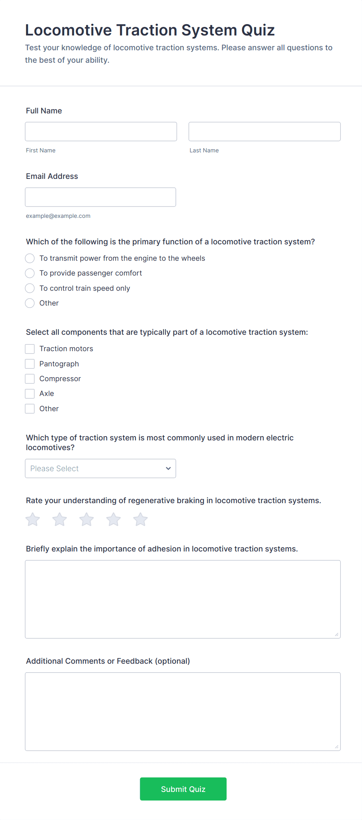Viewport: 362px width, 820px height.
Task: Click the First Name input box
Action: [x=101, y=131]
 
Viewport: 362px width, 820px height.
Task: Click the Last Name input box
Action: [x=264, y=131]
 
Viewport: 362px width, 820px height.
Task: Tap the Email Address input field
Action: [x=100, y=197]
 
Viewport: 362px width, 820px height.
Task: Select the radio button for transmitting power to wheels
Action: [x=30, y=258]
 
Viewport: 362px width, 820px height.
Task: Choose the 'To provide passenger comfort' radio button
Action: [x=30, y=273]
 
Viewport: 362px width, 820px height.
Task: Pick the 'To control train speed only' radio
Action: [x=30, y=288]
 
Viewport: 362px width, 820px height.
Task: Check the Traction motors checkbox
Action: [x=30, y=349]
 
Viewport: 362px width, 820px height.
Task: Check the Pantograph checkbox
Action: [x=30, y=364]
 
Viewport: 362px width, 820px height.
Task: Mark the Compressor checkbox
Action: [x=30, y=379]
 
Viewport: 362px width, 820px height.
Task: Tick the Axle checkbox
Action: [x=30, y=394]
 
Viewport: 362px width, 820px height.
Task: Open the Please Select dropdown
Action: [x=100, y=468]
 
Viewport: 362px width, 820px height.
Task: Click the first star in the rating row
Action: [x=33, y=520]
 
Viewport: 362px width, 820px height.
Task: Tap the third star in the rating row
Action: [x=86, y=520]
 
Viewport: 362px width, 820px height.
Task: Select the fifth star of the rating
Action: [x=141, y=520]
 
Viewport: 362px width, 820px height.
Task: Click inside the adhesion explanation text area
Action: [x=183, y=599]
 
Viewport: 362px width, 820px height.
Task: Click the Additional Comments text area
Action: [x=183, y=711]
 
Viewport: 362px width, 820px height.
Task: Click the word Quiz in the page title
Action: [x=258, y=30]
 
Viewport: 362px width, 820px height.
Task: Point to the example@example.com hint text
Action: [x=58, y=216]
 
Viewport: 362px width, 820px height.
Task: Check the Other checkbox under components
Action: [x=30, y=409]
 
